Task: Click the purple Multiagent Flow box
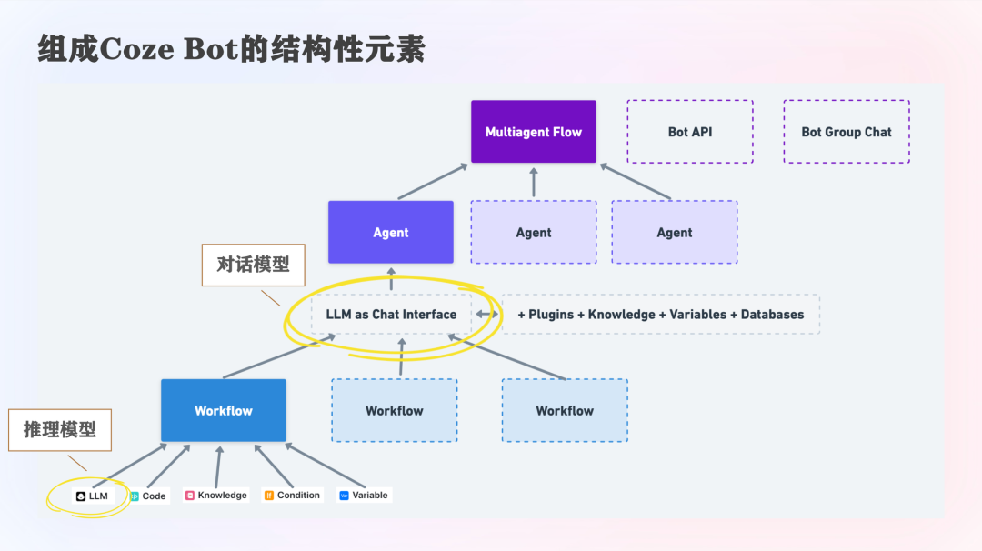534,132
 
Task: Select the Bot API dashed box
690,132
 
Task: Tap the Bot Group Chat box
847,132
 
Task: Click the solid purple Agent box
391,233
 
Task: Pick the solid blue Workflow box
224,411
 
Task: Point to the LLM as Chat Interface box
391,315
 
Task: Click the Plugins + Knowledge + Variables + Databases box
661,315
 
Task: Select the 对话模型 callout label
253,265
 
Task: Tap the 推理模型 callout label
60,430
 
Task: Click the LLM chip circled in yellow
93,496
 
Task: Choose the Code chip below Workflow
149,496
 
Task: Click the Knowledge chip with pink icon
216,496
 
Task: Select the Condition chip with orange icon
293,496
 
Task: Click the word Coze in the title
138,50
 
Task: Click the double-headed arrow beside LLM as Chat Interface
487,315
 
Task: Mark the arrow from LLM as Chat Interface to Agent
391,279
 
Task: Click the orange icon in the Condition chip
269,496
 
